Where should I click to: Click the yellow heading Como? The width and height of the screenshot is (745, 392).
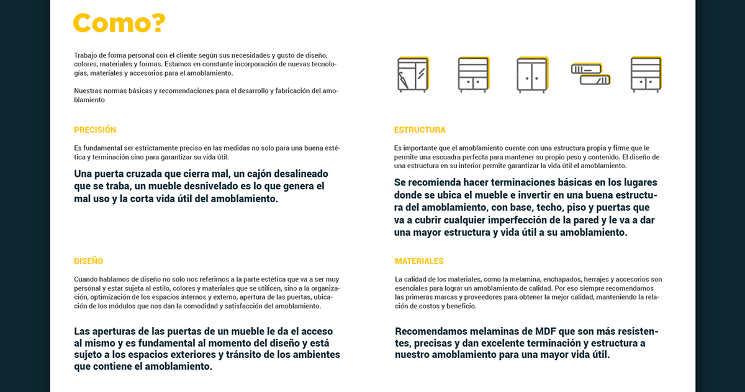(x=119, y=23)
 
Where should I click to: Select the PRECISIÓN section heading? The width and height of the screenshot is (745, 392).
(x=95, y=130)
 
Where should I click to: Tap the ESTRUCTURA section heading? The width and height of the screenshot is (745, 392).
(x=420, y=130)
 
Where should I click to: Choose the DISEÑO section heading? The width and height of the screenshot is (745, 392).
(x=88, y=261)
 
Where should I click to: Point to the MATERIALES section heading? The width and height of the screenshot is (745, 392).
(x=419, y=261)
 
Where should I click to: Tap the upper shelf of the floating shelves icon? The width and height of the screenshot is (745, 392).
(x=586, y=68)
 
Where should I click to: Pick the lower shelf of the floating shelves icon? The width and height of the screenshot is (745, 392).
(x=595, y=79)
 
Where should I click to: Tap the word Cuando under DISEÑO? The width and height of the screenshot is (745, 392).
(x=86, y=280)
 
